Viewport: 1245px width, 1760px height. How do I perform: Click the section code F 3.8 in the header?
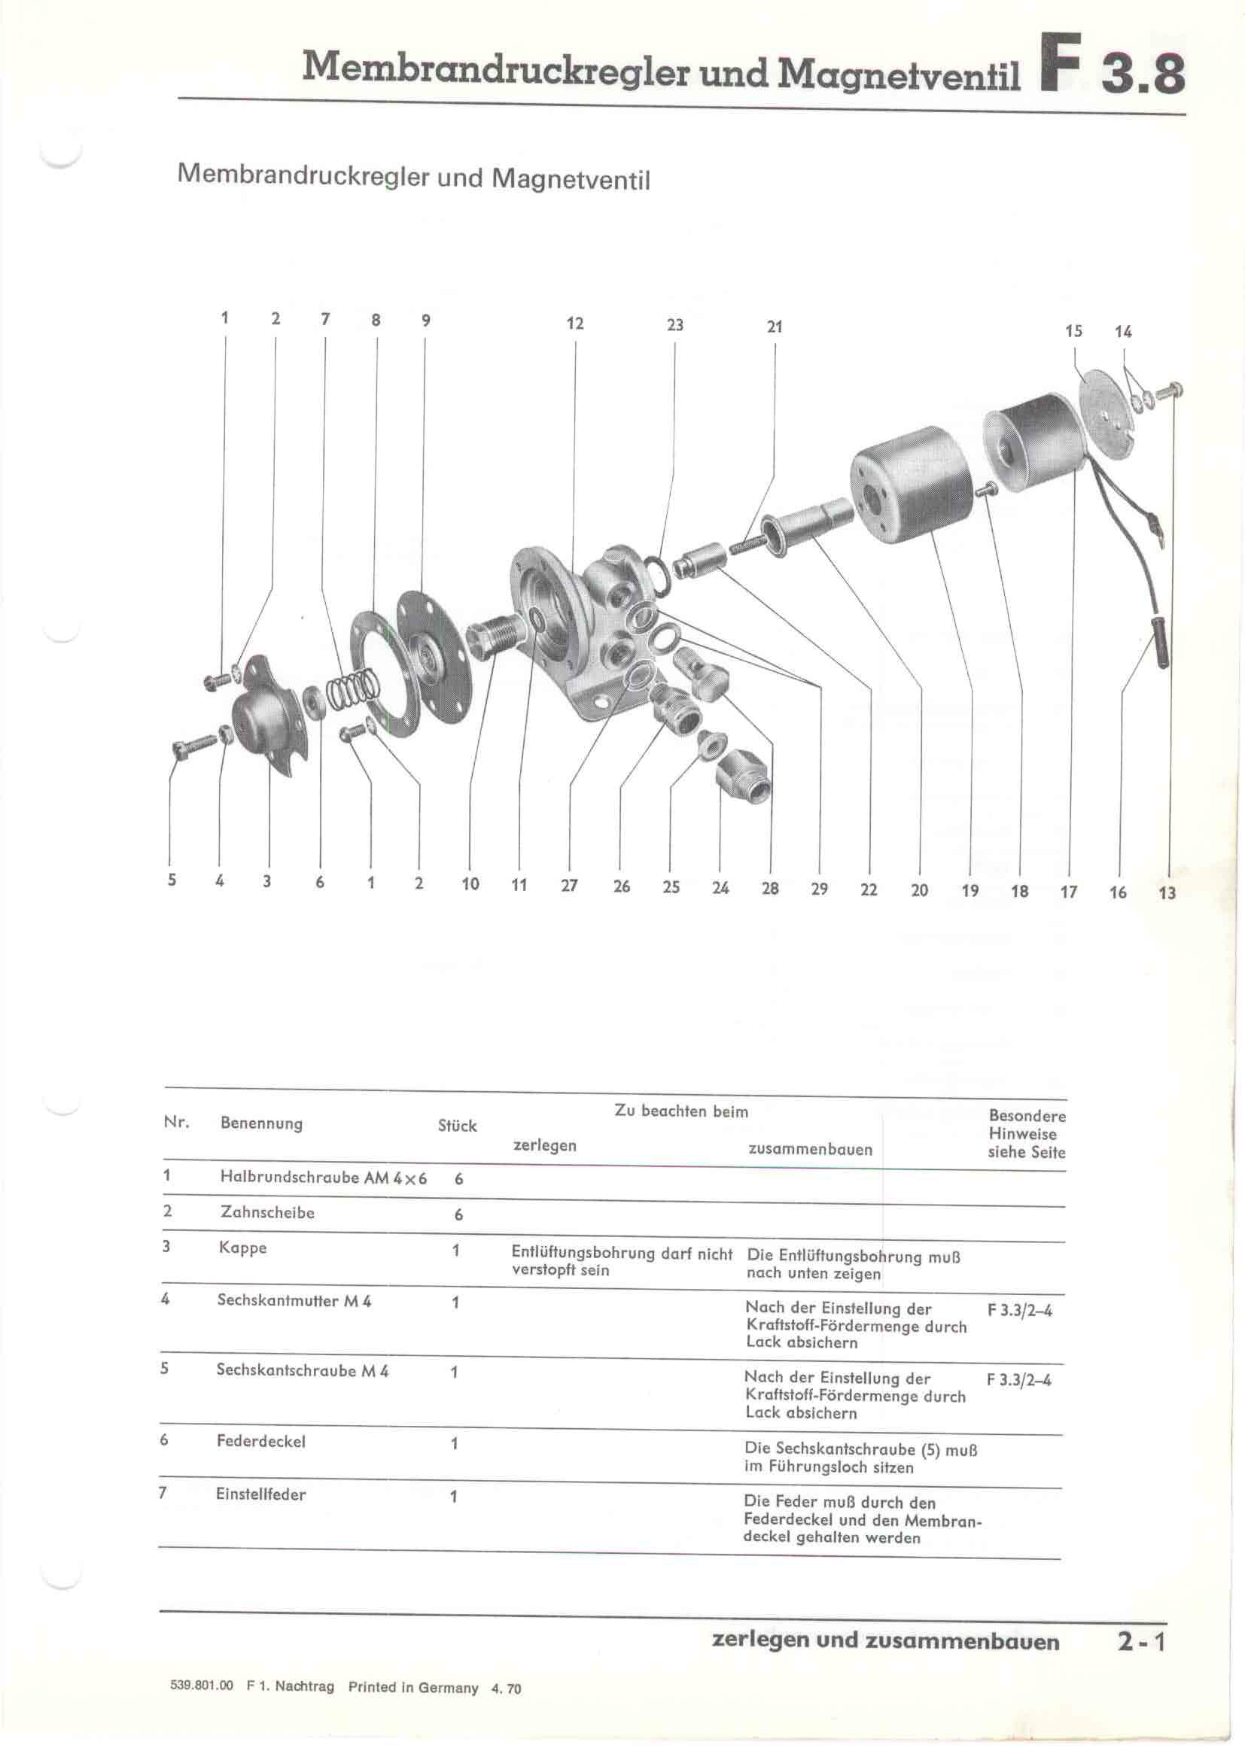[x=1112, y=74]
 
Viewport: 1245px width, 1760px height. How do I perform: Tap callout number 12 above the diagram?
[x=575, y=324]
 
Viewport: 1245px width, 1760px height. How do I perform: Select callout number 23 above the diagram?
[x=674, y=325]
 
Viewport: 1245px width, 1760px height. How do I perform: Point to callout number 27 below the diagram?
[x=569, y=886]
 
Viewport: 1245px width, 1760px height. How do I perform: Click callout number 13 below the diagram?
[x=1167, y=893]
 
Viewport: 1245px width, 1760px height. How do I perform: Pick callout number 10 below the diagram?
[x=470, y=884]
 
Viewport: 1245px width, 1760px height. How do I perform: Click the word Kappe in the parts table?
[x=242, y=1248]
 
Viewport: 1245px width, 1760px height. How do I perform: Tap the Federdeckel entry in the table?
[x=260, y=1442]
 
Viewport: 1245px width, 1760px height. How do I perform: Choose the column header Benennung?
[x=260, y=1123]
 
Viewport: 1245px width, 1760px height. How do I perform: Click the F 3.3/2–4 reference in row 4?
[x=1020, y=1311]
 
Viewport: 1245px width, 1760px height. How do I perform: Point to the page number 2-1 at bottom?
[x=1140, y=1643]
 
